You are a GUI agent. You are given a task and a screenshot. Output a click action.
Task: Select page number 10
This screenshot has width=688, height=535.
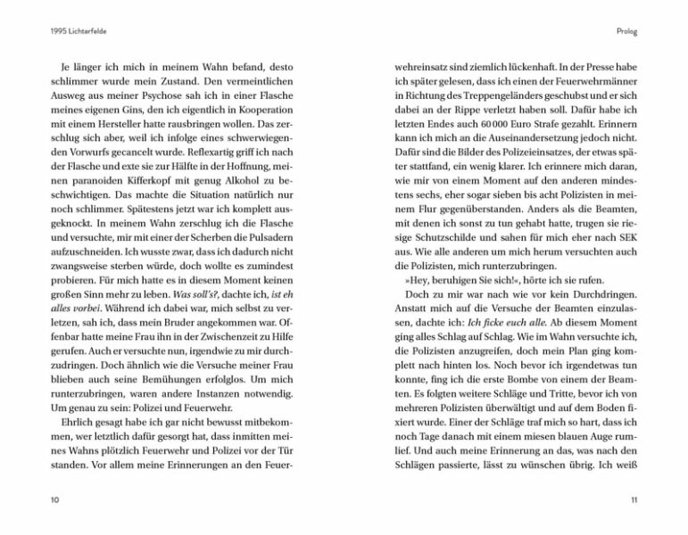pos(54,501)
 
